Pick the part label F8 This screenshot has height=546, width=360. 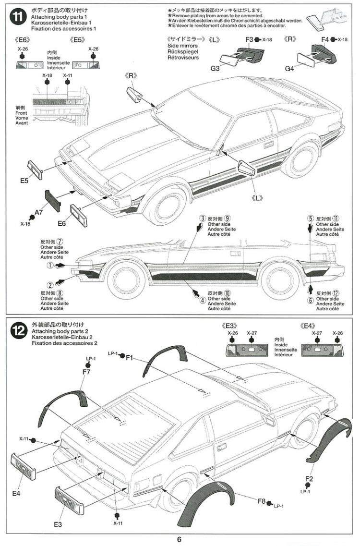pos(261,502)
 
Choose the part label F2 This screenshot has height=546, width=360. pos(309,479)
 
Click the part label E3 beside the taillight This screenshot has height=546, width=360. pos(58,524)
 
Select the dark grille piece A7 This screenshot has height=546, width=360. pos(52,200)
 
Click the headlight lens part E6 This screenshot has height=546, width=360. pos(78,215)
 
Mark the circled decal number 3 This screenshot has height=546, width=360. pos(203,218)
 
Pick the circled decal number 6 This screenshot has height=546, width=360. pos(311,301)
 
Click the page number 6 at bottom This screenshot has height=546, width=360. pos(179,539)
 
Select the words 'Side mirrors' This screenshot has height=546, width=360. pos(182,45)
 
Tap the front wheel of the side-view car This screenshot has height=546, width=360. pos(126,280)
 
